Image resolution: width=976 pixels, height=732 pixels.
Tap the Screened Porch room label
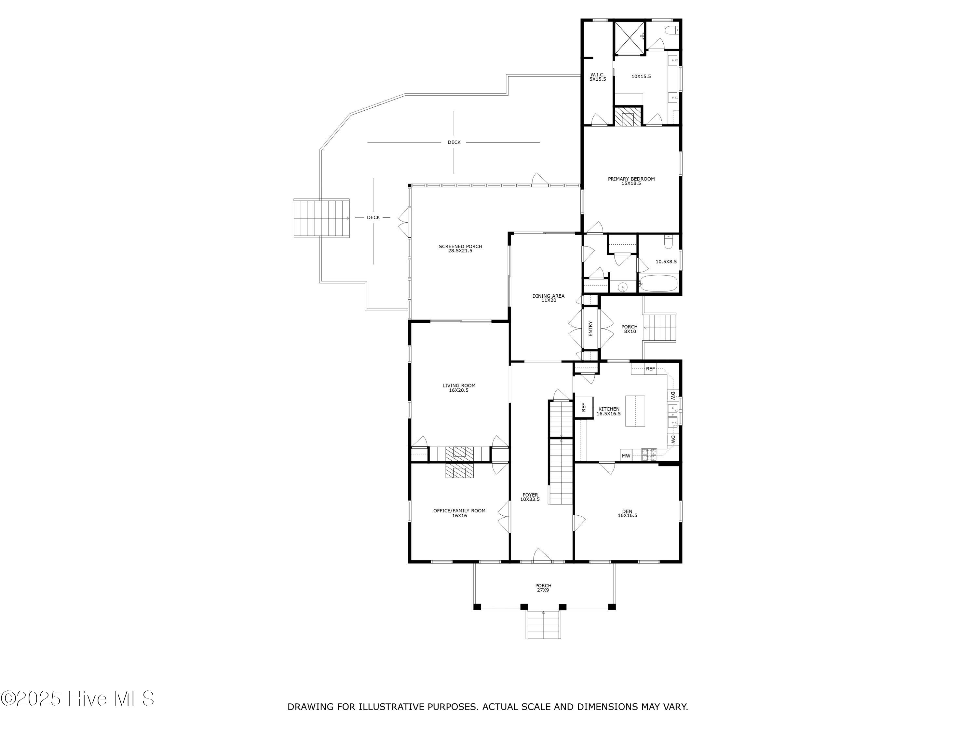pos(460,249)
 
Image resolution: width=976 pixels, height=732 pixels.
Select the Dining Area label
pos(549,298)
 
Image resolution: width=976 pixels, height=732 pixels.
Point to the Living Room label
pos(459,388)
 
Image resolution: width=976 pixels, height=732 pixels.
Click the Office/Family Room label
pos(459,513)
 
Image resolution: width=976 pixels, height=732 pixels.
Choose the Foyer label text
pos(530,497)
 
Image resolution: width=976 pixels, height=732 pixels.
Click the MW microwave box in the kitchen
pos(626,456)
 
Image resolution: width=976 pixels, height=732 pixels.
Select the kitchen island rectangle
pos(635,411)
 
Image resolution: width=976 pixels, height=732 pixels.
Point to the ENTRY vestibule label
pos(590,328)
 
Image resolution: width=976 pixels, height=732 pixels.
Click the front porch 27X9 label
pos(543,588)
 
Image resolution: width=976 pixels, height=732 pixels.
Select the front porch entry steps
pos(543,625)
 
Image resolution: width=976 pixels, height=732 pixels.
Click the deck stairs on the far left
pos(322,218)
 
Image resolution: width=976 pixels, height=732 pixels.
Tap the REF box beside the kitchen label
pos(583,407)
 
